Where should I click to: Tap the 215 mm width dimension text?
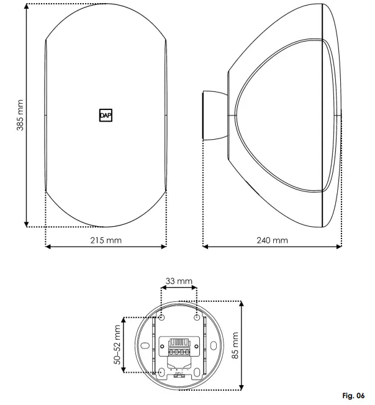click(106, 240)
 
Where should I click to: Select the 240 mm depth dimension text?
click(273, 240)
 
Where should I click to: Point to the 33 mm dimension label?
click(179, 282)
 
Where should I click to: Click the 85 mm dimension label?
click(235, 345)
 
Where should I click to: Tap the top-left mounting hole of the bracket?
click(161, 317)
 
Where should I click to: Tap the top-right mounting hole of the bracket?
click(197, 317)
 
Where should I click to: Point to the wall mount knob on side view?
click(215, 116)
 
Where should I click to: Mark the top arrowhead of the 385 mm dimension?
click(26, 7)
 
